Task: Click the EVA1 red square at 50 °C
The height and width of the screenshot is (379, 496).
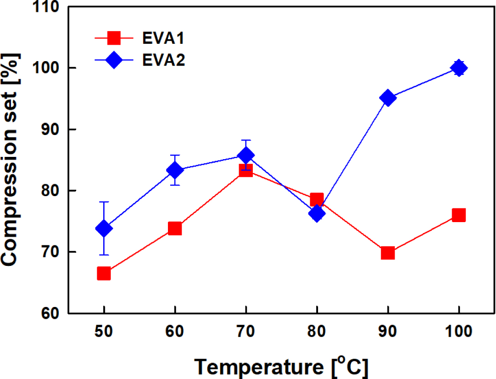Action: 104,274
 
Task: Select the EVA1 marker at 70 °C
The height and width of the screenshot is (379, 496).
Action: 245,171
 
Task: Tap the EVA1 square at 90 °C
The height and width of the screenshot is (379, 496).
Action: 387,253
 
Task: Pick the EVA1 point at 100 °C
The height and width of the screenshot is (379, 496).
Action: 458,215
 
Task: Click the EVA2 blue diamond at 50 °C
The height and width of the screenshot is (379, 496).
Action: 104,228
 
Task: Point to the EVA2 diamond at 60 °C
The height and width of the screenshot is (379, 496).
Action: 175,170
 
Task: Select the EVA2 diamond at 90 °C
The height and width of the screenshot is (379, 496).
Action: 387,98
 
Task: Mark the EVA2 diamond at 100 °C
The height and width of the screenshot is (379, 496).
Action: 458,68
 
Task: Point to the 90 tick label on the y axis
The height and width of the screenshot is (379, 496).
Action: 52,130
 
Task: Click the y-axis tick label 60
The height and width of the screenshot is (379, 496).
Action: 52,314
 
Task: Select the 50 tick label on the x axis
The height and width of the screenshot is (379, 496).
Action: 104,332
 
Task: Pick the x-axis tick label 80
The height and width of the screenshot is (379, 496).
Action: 316,332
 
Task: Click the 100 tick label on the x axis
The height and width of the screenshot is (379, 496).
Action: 458,332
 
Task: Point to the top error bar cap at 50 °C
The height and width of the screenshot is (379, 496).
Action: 104,202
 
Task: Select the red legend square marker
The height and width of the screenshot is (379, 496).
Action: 113,39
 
